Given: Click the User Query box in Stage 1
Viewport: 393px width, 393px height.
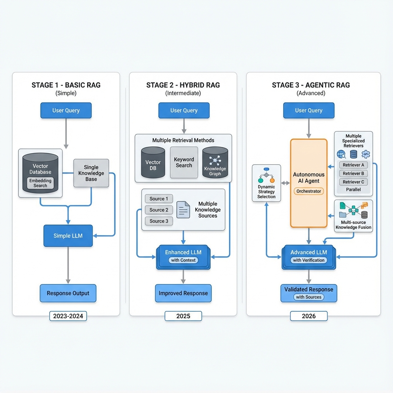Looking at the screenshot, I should click(66, 111).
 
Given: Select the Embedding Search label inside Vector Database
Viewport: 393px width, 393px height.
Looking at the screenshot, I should click(40, 183).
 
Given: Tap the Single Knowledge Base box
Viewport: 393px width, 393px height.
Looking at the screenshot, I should click(91, 173).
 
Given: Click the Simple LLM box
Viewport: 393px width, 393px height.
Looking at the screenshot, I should click(68, 236).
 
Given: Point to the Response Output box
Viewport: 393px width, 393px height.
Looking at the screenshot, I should click(68, 293).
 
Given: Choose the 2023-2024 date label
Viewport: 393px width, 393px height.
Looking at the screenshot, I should click(68, 316).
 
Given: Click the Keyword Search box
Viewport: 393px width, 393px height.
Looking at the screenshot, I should click(184, 162).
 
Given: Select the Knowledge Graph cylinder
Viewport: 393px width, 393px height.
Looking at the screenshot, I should click(215, 162).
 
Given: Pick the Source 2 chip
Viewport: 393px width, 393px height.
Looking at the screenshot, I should click(159, 210).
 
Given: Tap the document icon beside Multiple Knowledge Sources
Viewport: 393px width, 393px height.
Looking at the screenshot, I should click(183, 210).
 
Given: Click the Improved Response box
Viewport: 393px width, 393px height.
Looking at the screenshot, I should click(183, 293).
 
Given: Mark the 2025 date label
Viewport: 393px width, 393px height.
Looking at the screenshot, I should click(183, 316).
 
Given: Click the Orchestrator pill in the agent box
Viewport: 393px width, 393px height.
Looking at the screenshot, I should click(309, 191).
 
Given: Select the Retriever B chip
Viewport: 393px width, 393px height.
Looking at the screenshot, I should click(353, 173).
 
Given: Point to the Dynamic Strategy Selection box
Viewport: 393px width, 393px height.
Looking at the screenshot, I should click(266, 183).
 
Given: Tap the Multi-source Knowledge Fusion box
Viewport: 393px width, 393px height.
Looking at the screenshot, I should click(353, 216).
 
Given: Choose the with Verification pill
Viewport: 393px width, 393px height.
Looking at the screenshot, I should click(309, 260).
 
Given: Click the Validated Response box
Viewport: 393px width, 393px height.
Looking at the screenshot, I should click(309, 293).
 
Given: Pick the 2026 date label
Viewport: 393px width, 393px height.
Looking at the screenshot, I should click(309, 316).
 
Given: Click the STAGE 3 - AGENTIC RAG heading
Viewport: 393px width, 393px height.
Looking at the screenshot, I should click(311, 85).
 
